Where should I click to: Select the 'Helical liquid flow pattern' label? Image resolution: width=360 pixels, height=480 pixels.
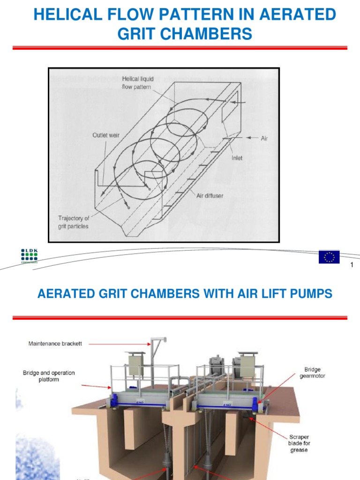[136, 83]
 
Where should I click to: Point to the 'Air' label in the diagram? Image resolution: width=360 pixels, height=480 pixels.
[264, 138]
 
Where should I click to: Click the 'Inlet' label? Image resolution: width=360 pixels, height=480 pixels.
[237, 158]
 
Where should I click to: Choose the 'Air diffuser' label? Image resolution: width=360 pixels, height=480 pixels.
[210, 195]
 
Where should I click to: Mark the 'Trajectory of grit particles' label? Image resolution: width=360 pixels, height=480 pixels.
[73, 222]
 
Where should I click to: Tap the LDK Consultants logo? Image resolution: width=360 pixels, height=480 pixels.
[30, 256]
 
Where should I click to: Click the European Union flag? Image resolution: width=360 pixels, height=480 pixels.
[329, 257]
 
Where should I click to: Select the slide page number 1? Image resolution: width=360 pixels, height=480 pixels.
[352, 266]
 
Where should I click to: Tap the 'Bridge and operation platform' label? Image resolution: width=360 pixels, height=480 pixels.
[49, 376]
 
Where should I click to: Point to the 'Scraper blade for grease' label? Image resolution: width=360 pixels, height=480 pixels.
[299, 443]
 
